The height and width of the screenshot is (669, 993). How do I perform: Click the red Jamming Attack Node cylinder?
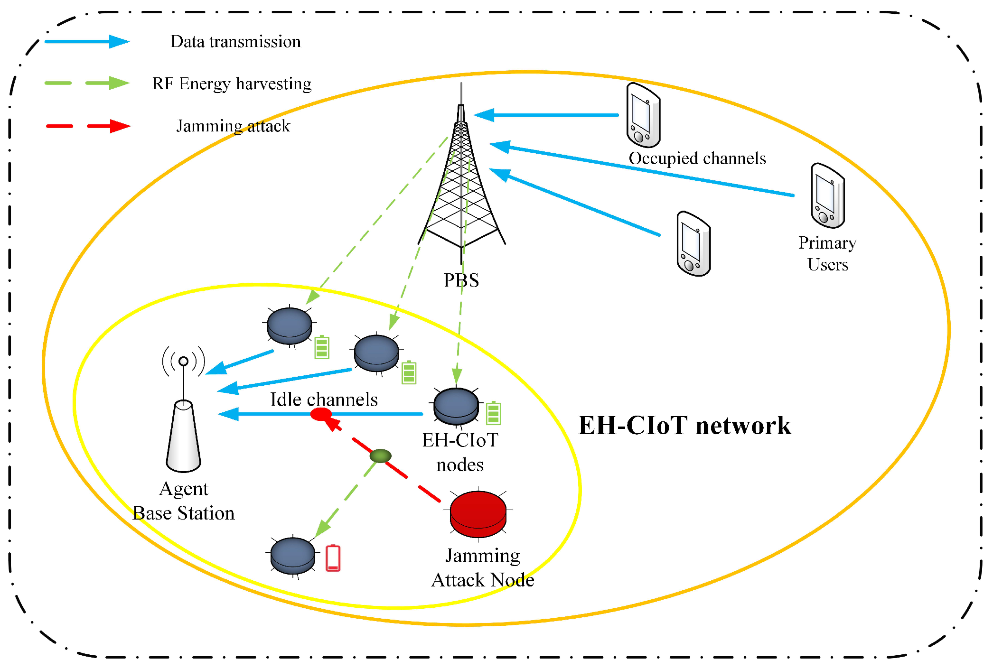478,514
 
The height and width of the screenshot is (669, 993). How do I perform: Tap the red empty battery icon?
333,558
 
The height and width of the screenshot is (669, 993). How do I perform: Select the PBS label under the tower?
461,280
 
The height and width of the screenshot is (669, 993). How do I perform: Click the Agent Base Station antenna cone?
184,437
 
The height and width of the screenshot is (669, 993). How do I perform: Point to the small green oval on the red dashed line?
381,456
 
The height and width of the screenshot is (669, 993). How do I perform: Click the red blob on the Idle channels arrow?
321,415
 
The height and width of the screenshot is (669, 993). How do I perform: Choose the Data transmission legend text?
235,42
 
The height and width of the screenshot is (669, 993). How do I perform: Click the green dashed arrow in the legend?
87,83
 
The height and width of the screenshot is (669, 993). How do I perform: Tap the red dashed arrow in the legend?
88,126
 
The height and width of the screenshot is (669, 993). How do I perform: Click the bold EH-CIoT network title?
684,425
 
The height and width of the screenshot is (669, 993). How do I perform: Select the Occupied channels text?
697,158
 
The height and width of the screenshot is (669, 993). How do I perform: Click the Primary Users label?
827,253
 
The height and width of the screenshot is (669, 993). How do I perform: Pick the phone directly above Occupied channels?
643,115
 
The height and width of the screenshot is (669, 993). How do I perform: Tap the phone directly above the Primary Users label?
827,195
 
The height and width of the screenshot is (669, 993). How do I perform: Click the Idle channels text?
324,400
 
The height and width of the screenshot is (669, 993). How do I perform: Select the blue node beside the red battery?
292,555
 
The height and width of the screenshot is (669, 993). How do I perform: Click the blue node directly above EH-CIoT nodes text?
456,406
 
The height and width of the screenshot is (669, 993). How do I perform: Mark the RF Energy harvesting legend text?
232,84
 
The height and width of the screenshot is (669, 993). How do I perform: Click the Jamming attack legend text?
233,126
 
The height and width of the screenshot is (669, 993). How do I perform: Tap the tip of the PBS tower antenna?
461,84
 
